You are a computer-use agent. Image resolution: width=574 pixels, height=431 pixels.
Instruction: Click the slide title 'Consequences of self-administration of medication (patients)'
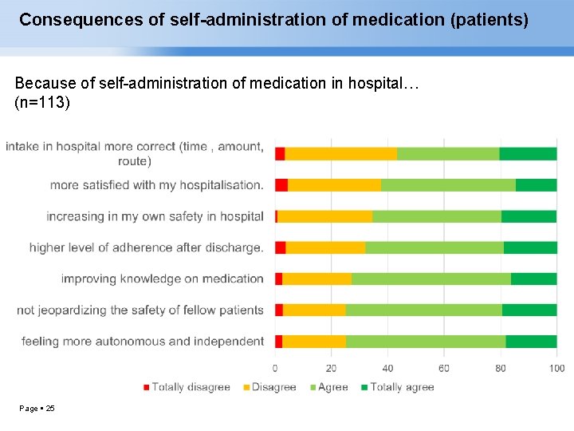(273, 20)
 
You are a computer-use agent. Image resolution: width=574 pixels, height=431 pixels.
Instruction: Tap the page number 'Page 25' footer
(37, 409)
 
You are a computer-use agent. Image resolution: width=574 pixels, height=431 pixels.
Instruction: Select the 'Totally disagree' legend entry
(187, 387)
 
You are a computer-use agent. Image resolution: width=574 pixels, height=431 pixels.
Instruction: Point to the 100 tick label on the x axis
(556, 368)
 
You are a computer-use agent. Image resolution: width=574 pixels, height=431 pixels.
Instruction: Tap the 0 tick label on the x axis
(275, 368)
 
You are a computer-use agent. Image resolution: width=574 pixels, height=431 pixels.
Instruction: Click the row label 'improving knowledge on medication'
(162, 279)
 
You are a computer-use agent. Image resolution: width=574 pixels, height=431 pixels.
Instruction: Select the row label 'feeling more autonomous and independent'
(142, 341)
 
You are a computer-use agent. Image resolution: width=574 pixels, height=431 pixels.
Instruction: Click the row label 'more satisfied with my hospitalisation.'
(156, 185)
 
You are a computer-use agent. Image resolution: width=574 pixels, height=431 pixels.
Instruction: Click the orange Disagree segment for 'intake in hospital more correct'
(340, 154)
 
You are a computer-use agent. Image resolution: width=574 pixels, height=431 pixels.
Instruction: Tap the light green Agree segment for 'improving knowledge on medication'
(431, 279)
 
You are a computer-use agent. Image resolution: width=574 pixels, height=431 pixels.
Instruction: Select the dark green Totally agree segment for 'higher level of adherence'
(530, 247)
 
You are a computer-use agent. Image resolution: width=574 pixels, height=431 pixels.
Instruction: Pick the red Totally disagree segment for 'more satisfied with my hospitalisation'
(281, 185)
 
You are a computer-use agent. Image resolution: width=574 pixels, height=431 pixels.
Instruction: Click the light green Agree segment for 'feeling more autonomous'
(426, 341)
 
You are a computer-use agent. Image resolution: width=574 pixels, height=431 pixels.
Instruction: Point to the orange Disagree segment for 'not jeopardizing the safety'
(314, 310)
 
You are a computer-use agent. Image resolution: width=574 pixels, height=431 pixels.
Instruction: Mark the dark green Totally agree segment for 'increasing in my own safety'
(529, 216)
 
